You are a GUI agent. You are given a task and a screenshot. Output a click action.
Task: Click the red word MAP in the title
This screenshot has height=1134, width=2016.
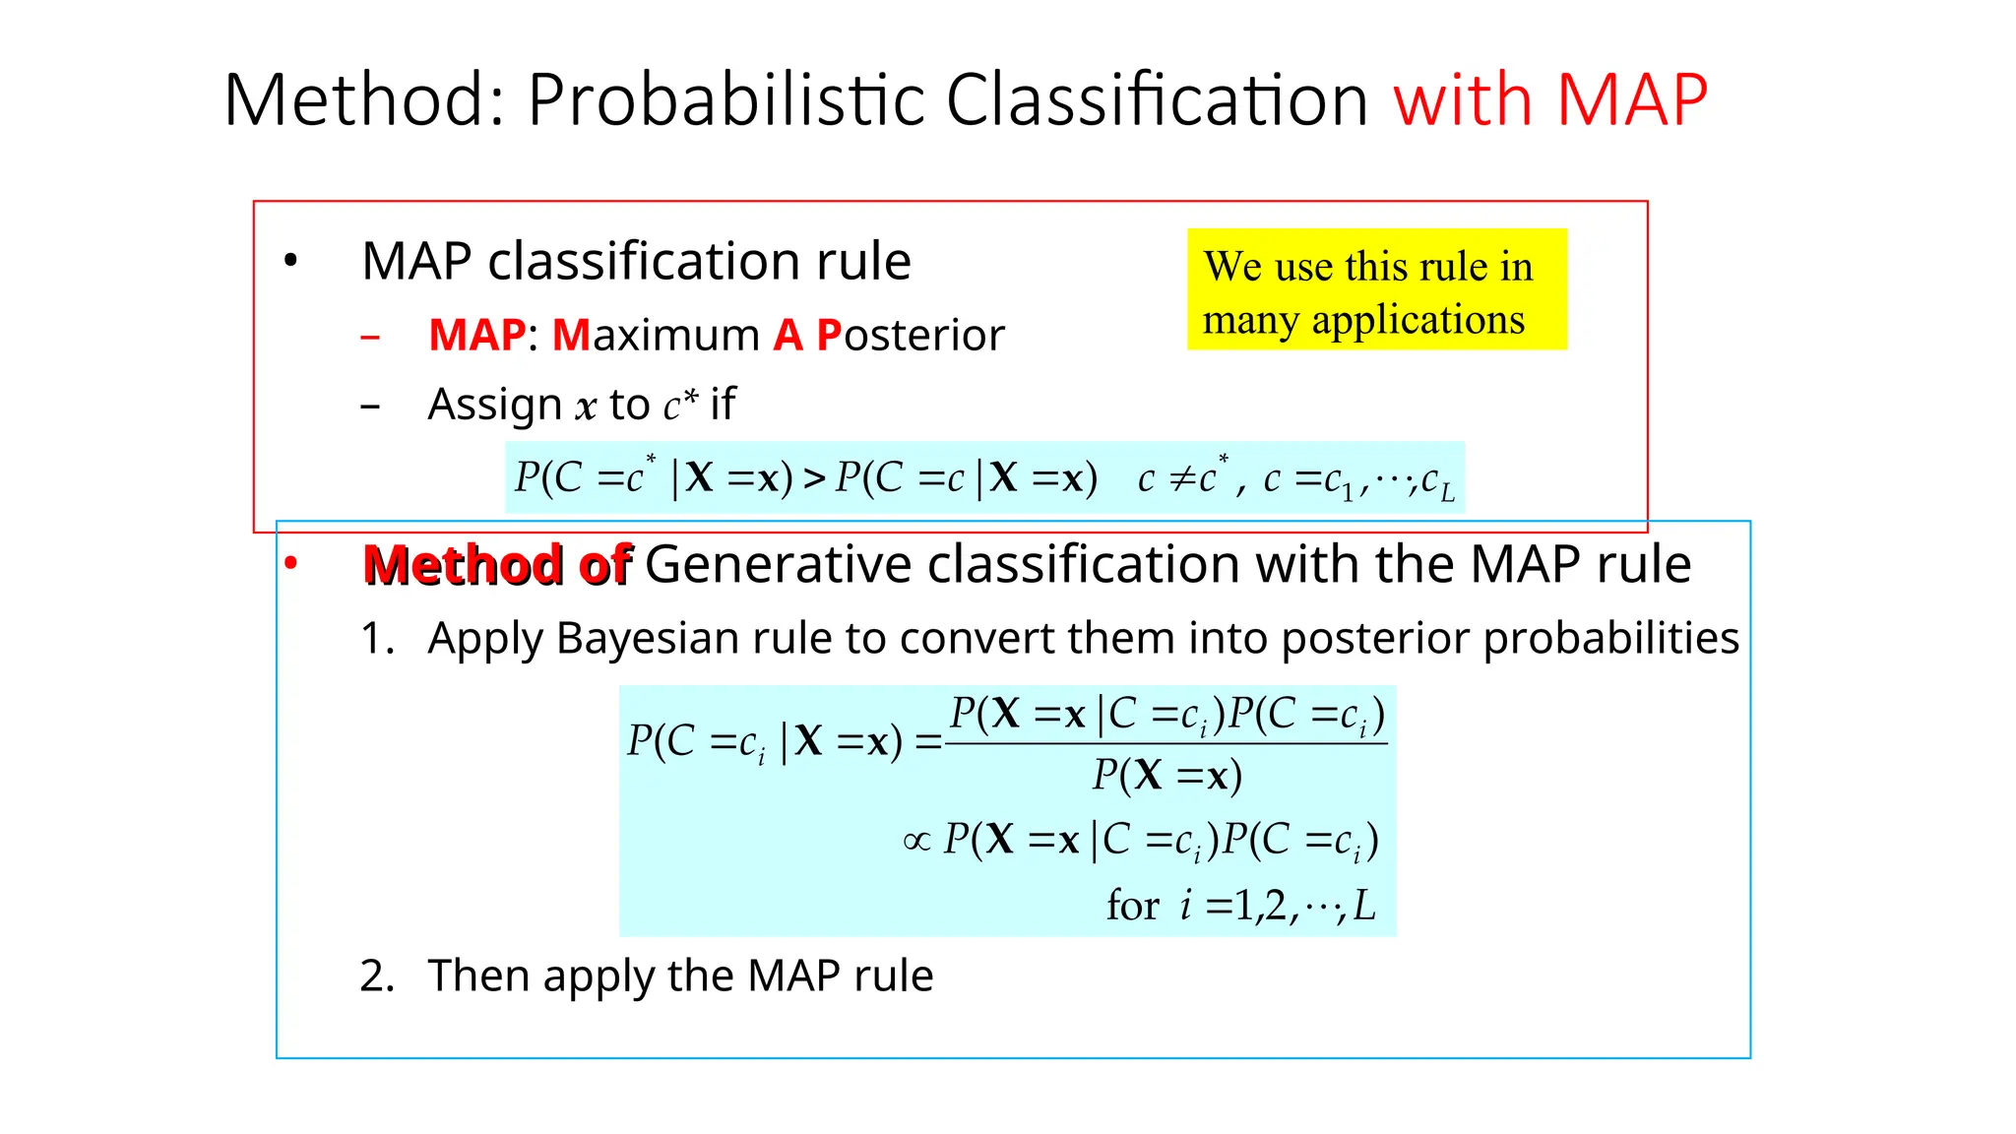1631,100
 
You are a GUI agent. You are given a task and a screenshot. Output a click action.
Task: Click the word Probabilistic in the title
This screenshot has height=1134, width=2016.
725,100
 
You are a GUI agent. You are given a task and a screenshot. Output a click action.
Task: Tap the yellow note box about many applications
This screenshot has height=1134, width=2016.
1376,289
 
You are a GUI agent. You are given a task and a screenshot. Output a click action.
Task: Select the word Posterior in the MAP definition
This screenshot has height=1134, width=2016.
911,336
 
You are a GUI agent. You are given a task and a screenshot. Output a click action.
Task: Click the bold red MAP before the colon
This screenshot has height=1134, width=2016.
476,336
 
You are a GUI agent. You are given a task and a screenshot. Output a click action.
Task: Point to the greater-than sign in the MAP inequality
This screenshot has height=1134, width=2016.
814,479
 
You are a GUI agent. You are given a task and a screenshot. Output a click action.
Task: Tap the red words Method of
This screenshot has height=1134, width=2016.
497,565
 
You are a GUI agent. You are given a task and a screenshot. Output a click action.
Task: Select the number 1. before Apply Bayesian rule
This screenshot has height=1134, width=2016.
377,639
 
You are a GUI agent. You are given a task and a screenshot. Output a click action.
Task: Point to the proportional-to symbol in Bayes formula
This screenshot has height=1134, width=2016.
916,842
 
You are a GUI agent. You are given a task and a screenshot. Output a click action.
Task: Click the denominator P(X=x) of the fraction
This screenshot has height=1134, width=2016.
1166,777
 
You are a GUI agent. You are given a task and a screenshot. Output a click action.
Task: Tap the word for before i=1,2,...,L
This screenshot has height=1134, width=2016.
1132,906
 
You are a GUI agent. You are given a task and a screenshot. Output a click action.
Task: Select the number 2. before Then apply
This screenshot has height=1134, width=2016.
377,976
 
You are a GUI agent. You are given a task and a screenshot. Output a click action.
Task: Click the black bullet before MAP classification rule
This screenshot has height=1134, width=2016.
290,262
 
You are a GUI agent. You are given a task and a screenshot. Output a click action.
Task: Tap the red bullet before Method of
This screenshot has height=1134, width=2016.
290,564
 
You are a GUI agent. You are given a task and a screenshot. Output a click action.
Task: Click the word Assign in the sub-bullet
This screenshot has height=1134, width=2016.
494,405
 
